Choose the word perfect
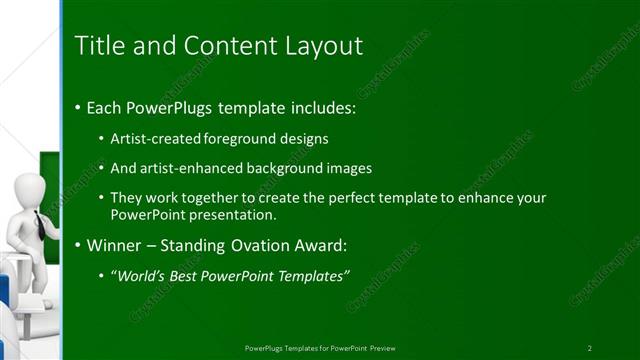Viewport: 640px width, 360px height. coord(335,198)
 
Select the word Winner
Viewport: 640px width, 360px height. coord(115,244)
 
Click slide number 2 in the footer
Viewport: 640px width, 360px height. coord(590,347)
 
